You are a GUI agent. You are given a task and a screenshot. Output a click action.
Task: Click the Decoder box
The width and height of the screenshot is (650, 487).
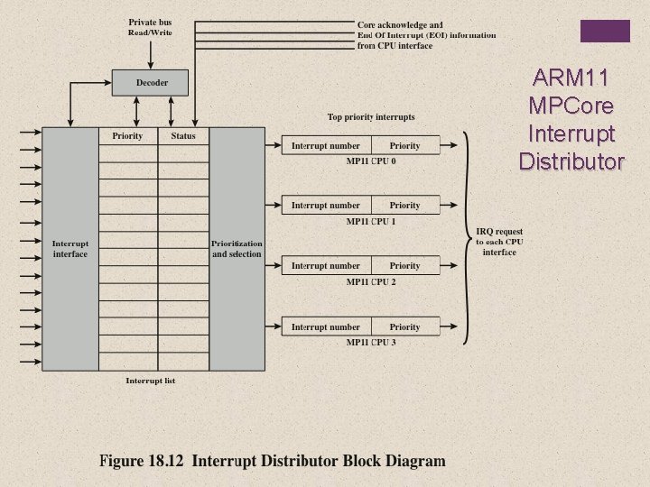coord(151,83)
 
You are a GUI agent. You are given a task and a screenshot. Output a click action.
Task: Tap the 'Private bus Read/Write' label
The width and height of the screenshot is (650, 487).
coord(150,27)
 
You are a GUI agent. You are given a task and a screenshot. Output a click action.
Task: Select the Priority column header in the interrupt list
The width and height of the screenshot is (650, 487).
coord(127,136)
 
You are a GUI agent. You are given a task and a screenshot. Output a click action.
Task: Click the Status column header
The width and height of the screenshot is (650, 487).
coord(183,136)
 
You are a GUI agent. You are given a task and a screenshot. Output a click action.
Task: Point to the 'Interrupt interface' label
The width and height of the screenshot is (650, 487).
coord(70,249)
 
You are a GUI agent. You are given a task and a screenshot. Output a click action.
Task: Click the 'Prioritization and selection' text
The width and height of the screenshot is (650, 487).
coord(237,249)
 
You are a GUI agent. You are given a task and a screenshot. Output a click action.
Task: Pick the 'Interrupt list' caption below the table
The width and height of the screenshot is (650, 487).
coord(150,381)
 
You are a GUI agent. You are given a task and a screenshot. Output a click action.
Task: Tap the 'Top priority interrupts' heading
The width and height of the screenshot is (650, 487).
coord(371,117)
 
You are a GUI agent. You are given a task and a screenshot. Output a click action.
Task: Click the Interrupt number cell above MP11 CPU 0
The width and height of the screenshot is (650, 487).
coord(325,145)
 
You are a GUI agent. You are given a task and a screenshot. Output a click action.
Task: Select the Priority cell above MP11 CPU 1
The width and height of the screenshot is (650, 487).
coord(404,206)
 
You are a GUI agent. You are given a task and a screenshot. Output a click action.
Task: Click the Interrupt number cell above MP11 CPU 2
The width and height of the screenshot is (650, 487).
coord(325,266)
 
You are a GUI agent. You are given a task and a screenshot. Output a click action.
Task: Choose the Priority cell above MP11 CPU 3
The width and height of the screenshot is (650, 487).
coord(404,327)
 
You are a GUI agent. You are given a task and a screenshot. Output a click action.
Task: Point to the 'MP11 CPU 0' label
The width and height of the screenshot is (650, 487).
coord(371,161)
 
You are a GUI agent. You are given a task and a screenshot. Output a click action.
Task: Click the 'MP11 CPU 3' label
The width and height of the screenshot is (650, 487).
coord(371,343)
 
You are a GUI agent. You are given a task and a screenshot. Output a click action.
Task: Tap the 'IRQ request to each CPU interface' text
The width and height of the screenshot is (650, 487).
coord(499,243)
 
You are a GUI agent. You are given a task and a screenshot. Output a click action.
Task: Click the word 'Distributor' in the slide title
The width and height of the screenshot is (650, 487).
coord(571,162)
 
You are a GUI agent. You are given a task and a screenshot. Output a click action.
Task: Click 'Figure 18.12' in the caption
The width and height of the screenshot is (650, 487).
coord(141,461)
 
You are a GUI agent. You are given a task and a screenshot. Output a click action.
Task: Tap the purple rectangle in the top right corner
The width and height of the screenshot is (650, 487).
coord(604,31)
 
